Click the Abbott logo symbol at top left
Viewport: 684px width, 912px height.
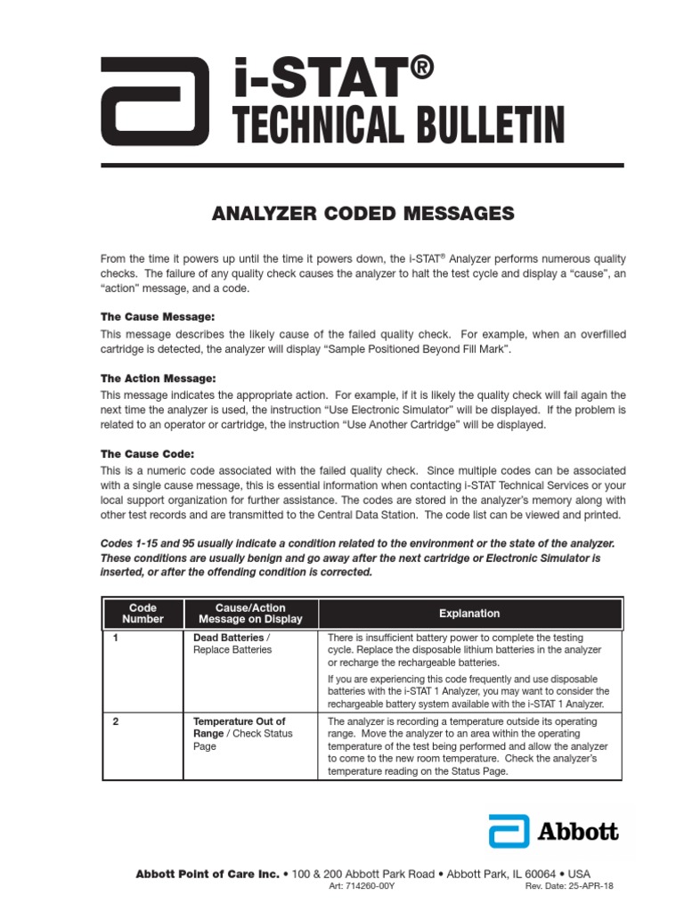click(x=155, y=100)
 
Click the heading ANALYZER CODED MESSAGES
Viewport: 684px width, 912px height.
click(x=362, y=214)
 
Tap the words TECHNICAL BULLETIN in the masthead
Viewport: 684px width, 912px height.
click(x=399, y=125)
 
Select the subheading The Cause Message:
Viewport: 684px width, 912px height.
click(x=158, y=317)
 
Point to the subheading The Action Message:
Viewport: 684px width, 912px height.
click(x=158, y=379)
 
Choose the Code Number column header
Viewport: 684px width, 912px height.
click(x=142, y=613)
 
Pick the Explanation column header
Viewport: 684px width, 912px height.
click(x=469, y=614)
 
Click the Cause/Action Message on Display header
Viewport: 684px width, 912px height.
click(x=250, y=613)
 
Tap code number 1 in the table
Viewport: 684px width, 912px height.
click(x=116, y=638)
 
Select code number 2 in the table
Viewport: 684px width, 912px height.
click(x=116, y=721)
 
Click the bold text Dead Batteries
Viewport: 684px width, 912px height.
click(x=228, y=638)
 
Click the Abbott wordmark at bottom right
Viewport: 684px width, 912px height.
click(x=577, y=832)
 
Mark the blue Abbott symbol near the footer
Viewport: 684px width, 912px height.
click(x=509, y=831)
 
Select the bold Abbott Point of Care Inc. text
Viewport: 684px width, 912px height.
click(x=208, y=874)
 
